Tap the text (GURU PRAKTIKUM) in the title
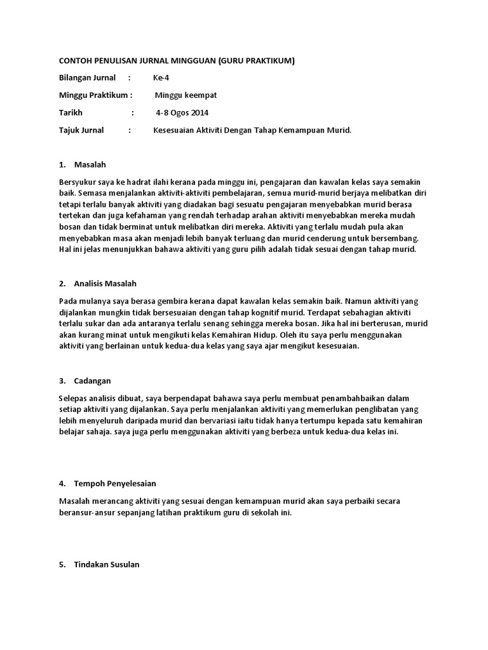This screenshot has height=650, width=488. click(257, 60)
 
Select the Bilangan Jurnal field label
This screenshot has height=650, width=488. click(87, 78)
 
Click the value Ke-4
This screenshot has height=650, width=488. click(161, 78)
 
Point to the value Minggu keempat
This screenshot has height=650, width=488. click(186, 95)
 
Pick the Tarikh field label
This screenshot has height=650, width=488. click(71, 113)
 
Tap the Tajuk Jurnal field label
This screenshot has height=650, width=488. click(81, 130)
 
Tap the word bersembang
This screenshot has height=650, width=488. click(393, 238)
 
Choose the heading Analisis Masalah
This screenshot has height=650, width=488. click(105, 284)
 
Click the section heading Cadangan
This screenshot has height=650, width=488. click(93, 381)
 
